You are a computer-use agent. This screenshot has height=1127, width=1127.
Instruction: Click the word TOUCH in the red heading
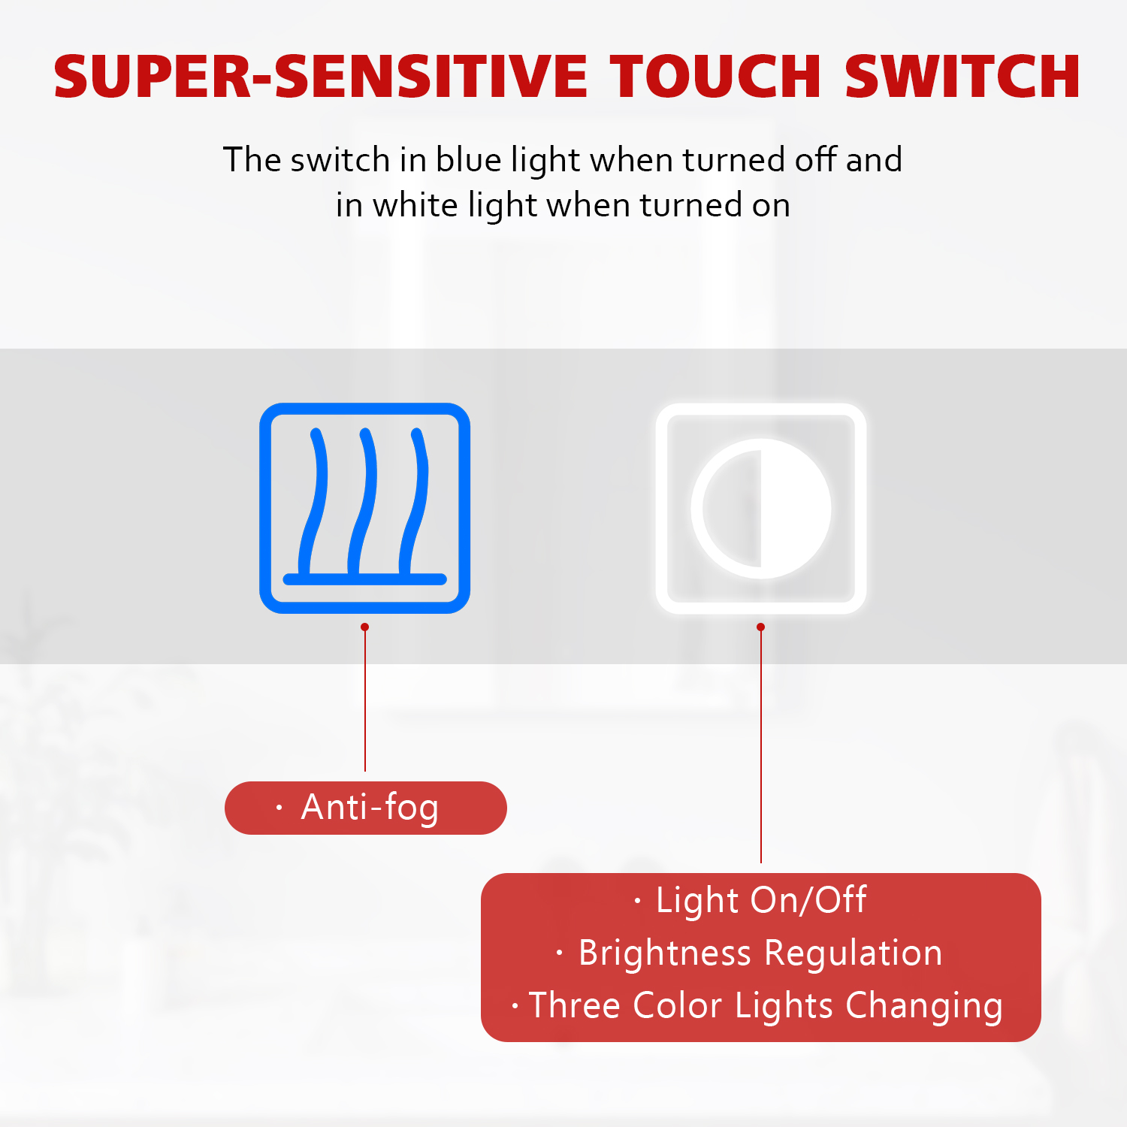pyautogui.click(x=716, y=77)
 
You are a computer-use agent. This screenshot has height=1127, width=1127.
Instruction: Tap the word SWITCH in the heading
pyautogui.click(x=963, y=77)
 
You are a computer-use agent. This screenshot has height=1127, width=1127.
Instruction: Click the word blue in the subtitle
pyautogui.click(x=470, y=159)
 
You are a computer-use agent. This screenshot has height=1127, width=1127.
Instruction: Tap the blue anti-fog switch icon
pyautogui.click(x=365, y=508)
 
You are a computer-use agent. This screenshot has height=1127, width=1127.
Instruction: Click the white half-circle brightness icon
pyautogui.click(x=761, y=508)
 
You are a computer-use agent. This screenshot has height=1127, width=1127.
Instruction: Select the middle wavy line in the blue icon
pyautogui.click(x=362, y=501)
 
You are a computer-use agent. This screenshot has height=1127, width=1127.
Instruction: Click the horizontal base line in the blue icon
pyautogui.click(x=365, y=579)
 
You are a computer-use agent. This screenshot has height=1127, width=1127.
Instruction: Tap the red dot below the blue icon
pyautogui.click(x=365, y=627)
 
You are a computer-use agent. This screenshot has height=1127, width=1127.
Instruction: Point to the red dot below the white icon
pyautogui.click(x=761, y=627)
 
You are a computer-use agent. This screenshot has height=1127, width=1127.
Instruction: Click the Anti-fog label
pyautogui.click(x=366, y=808)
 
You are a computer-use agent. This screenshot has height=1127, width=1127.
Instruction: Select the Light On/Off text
pyautogui.click(x=761, y=899)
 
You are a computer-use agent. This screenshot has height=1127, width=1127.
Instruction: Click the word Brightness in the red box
pyautogui.click(x=665, y=953)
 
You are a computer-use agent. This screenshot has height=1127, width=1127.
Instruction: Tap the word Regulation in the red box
pyautogui.click(x=854, y=953)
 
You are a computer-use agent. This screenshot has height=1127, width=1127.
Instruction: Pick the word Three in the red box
pyautogui.click(x=575, y=1005)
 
